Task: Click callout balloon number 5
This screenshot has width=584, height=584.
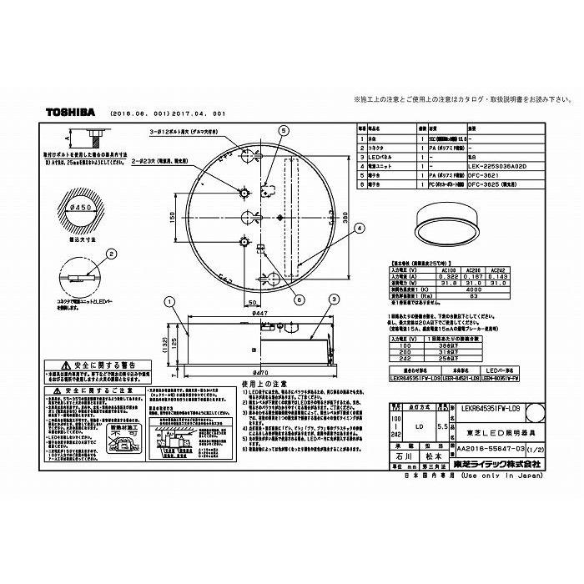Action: click(x=283, y=131)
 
